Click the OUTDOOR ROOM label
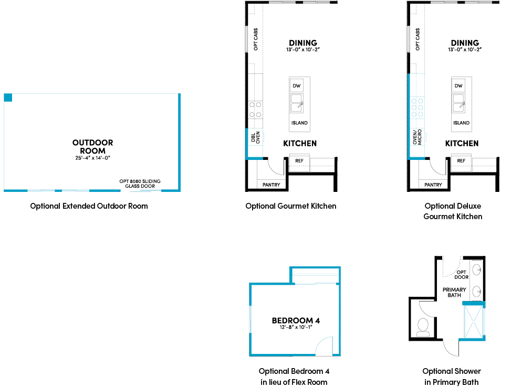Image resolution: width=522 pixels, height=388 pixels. click(x=92, y=147)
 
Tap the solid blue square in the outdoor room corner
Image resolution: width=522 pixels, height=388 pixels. click(x=8, y=98)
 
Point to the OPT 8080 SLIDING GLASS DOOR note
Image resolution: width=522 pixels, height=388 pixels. click(x=140, y=184)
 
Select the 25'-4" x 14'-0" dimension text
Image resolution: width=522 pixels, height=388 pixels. click(x=92, y=158)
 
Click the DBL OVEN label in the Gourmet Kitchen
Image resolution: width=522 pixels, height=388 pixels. click(x=255, y=137)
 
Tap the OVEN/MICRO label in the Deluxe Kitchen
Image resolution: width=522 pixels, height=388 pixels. click(x=417, y=137)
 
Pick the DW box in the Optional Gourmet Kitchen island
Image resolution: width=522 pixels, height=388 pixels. click(x=296, y=86)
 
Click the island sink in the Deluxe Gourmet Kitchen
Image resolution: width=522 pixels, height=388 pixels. click(x=458, y=103)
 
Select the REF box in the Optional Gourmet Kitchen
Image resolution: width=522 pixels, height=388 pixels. click(x=299, y=161)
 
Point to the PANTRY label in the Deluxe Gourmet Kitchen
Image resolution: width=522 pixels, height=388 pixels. click(x=433, y=185)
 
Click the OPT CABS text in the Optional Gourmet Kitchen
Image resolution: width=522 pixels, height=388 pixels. click(x=256, y=39)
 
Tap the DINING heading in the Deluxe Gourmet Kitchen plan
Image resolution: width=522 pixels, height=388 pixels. click(x=465, y=43)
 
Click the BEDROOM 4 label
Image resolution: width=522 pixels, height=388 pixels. click(x=296, y=320)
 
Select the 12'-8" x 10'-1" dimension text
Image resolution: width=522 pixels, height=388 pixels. click(x=296, y=327)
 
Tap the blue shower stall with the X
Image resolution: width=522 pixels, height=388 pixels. click(x=473, y=322)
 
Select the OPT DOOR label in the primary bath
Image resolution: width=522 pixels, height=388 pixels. click(x=462, y=275)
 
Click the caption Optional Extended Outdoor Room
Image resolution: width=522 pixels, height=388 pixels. click(x=89, y=206)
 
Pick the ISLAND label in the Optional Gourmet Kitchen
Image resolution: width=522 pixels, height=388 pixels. click(x=299, y=123)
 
